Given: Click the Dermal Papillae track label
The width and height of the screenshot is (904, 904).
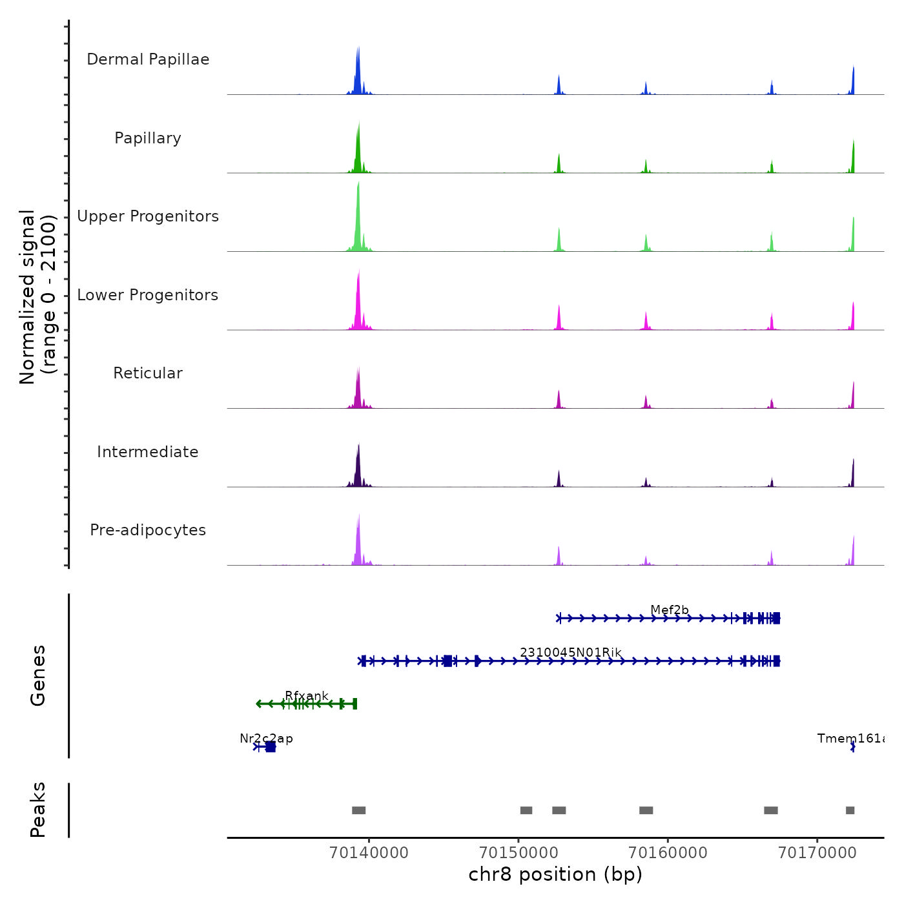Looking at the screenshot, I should pyautogui.click(x=148, y=59).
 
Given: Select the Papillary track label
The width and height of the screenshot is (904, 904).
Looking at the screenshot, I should pyautogui.click(x=148, y=138).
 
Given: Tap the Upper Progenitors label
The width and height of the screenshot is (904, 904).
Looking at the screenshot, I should pyautogui.click(x=148, y=216).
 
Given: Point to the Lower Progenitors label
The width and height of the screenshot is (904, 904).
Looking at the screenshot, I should pyautogui.click(x=148, y=295).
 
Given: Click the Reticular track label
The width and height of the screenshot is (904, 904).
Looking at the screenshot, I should pyautogui.click(x=148, y=373).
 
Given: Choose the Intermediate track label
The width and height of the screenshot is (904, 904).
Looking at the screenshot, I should pyautogui.click(x=148, y=452).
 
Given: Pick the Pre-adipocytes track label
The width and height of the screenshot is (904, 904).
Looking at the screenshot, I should pyautogui.click(x=148, y=530).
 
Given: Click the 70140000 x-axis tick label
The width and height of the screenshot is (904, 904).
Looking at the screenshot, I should pyautogui.click(x=369, y=853).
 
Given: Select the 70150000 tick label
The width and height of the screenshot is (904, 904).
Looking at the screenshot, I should pyautogui.click(x=519, y=853).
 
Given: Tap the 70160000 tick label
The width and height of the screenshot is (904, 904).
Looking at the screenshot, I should pyautogui.click(x=668, y=853).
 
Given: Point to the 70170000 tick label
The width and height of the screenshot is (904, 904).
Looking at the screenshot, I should pyautogui.click(x=817, y=853).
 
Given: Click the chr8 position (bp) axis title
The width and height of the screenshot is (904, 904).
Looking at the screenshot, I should pyautogui.click(x=555, y=874).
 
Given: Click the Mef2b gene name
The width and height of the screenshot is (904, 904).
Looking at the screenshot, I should pyautogui.click(x=670, y=610).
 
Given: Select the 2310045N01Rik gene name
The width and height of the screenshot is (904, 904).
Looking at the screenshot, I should pyautogui.click(x=571, y=652).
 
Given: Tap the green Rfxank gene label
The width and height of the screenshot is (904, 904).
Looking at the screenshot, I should pyautogui.click(x=307, y=695).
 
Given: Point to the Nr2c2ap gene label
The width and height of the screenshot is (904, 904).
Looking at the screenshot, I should pyautogui.click(x=266, y=738).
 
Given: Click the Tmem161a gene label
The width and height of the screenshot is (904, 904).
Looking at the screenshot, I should pyautogui.click(x=850, y=738).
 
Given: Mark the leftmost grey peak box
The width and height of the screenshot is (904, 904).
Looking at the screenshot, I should pyautogui.click(x=359, y=810).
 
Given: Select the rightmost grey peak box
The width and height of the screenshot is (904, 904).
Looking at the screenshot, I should pyautogui.click(x=850, y=810).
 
